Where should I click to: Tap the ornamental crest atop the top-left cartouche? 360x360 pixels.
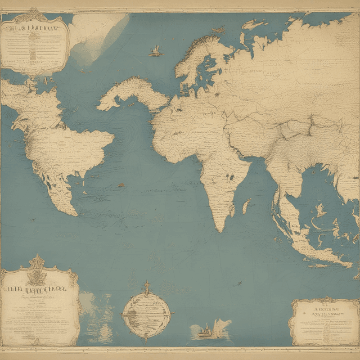point(35,12)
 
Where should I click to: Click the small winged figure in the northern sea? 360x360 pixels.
point(155,52)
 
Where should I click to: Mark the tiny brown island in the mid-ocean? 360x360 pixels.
point(121,184)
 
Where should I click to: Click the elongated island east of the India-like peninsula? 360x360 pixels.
point(246,206)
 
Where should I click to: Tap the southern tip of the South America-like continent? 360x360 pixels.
point(74,214)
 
